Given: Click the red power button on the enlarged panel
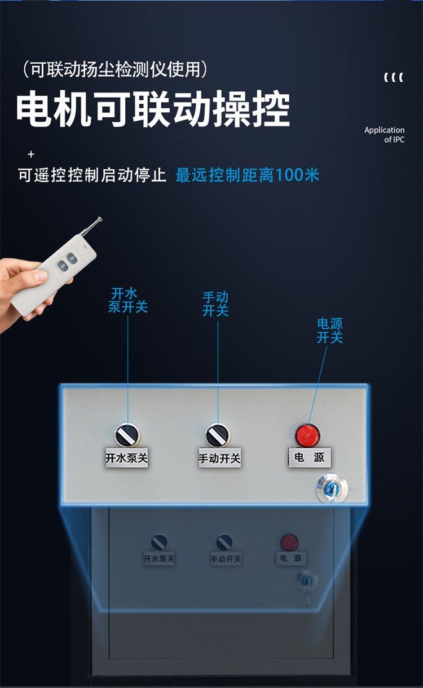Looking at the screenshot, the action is tap(307, 435).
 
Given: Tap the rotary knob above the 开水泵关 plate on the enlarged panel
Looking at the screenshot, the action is tap(127, 435).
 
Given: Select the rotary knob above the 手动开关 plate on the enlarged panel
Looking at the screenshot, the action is tap(217, 435).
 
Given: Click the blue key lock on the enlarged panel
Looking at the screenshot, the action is tap(332, 488).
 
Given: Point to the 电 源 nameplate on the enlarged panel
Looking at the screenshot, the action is tap(310, 458).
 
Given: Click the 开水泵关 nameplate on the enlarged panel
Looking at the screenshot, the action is tap(126, 458).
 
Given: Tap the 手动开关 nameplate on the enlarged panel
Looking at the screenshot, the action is tap(219, 458).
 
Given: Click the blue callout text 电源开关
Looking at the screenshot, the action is tap(329, 331).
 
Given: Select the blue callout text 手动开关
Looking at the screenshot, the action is tap(215, 304).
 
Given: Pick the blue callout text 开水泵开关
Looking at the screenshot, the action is tap(127, 300).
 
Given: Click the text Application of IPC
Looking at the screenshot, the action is tap(385, 135).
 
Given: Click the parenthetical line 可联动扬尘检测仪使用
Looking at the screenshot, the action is tap(115, 69).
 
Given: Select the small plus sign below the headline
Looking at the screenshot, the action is tap(31, 154).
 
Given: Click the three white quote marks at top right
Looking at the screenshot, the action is tap(394, 77).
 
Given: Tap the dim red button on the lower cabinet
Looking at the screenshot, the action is tap(289, 541).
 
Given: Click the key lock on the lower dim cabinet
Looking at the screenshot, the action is tap(307, 580).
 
